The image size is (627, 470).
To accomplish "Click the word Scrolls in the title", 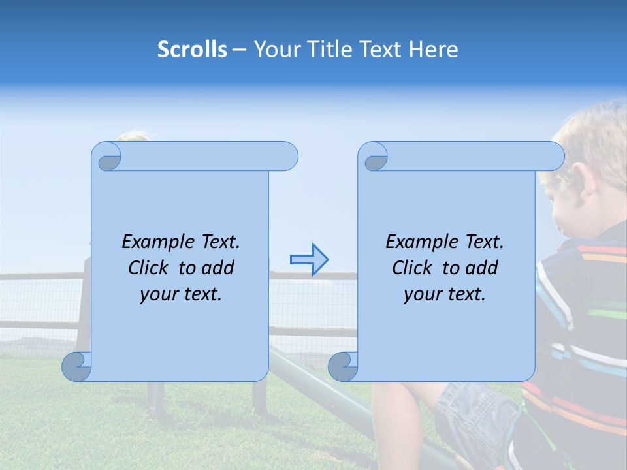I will [x=192, y=50].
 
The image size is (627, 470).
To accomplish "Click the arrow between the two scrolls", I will [x=309, y=260].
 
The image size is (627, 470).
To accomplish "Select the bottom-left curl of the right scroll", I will [x=344, y=366].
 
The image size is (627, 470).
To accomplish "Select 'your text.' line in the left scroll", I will [x=181, y=294].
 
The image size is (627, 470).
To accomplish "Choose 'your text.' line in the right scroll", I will [x=445, y=294].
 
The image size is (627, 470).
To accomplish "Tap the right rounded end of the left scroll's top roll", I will [x=287, y=157].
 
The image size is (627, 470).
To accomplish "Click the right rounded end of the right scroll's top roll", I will [x=553, y=157].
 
